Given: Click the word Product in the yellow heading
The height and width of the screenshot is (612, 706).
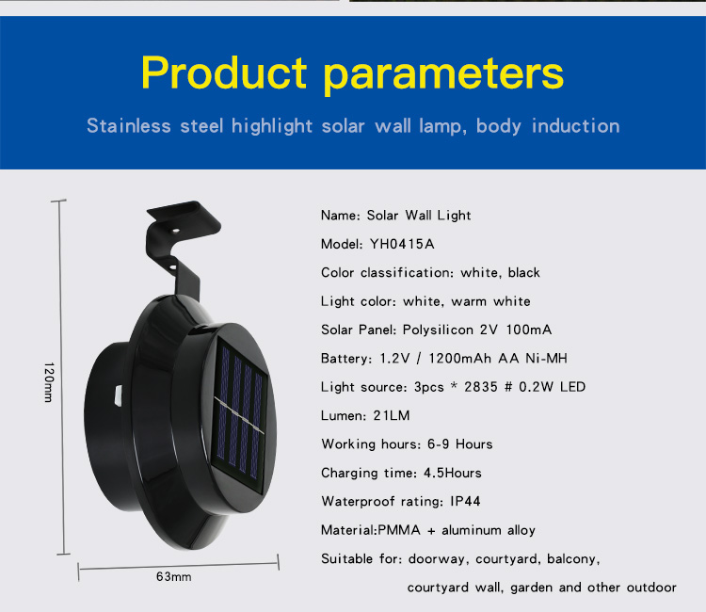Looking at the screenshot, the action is coord(224,72).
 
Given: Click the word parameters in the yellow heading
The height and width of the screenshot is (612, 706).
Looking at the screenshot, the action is coord(443,75).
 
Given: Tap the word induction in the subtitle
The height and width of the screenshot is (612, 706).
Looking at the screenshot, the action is coord(576,125).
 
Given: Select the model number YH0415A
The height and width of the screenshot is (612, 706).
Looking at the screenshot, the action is coord(402,244).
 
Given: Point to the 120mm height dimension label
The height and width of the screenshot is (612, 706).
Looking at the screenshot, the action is coord(49,382).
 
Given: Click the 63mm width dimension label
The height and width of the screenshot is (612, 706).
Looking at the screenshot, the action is coord(174,577).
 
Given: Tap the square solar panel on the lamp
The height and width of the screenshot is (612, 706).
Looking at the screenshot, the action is coord(239,415).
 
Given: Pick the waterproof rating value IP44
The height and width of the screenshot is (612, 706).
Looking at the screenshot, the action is coord(465,501).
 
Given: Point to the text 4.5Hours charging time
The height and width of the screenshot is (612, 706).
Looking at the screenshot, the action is coord(453,473).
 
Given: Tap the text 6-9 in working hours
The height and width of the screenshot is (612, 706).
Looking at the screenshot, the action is coord(438,444).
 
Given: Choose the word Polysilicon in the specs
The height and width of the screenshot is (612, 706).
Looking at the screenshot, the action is coord(438,330).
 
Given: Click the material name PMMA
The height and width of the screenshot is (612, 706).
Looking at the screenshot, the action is coord(399,530).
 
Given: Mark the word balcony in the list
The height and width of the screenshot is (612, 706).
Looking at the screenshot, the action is coord(573,559).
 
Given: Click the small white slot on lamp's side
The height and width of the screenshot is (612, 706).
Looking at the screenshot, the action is coord(119,395).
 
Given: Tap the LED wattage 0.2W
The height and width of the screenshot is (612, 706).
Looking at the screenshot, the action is coord(536,387).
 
